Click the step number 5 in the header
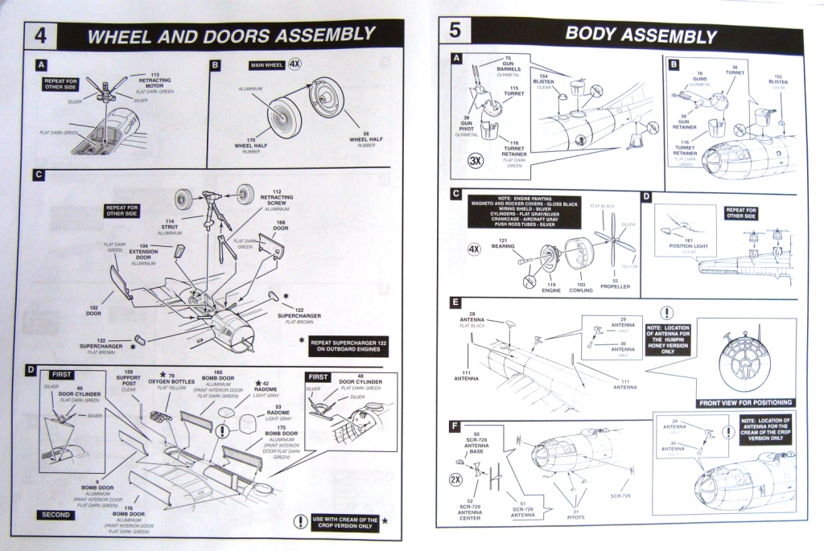click(x=455, y=33)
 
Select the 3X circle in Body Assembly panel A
click(x=476, y=160)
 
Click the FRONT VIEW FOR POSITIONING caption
click(x=745, y=402)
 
